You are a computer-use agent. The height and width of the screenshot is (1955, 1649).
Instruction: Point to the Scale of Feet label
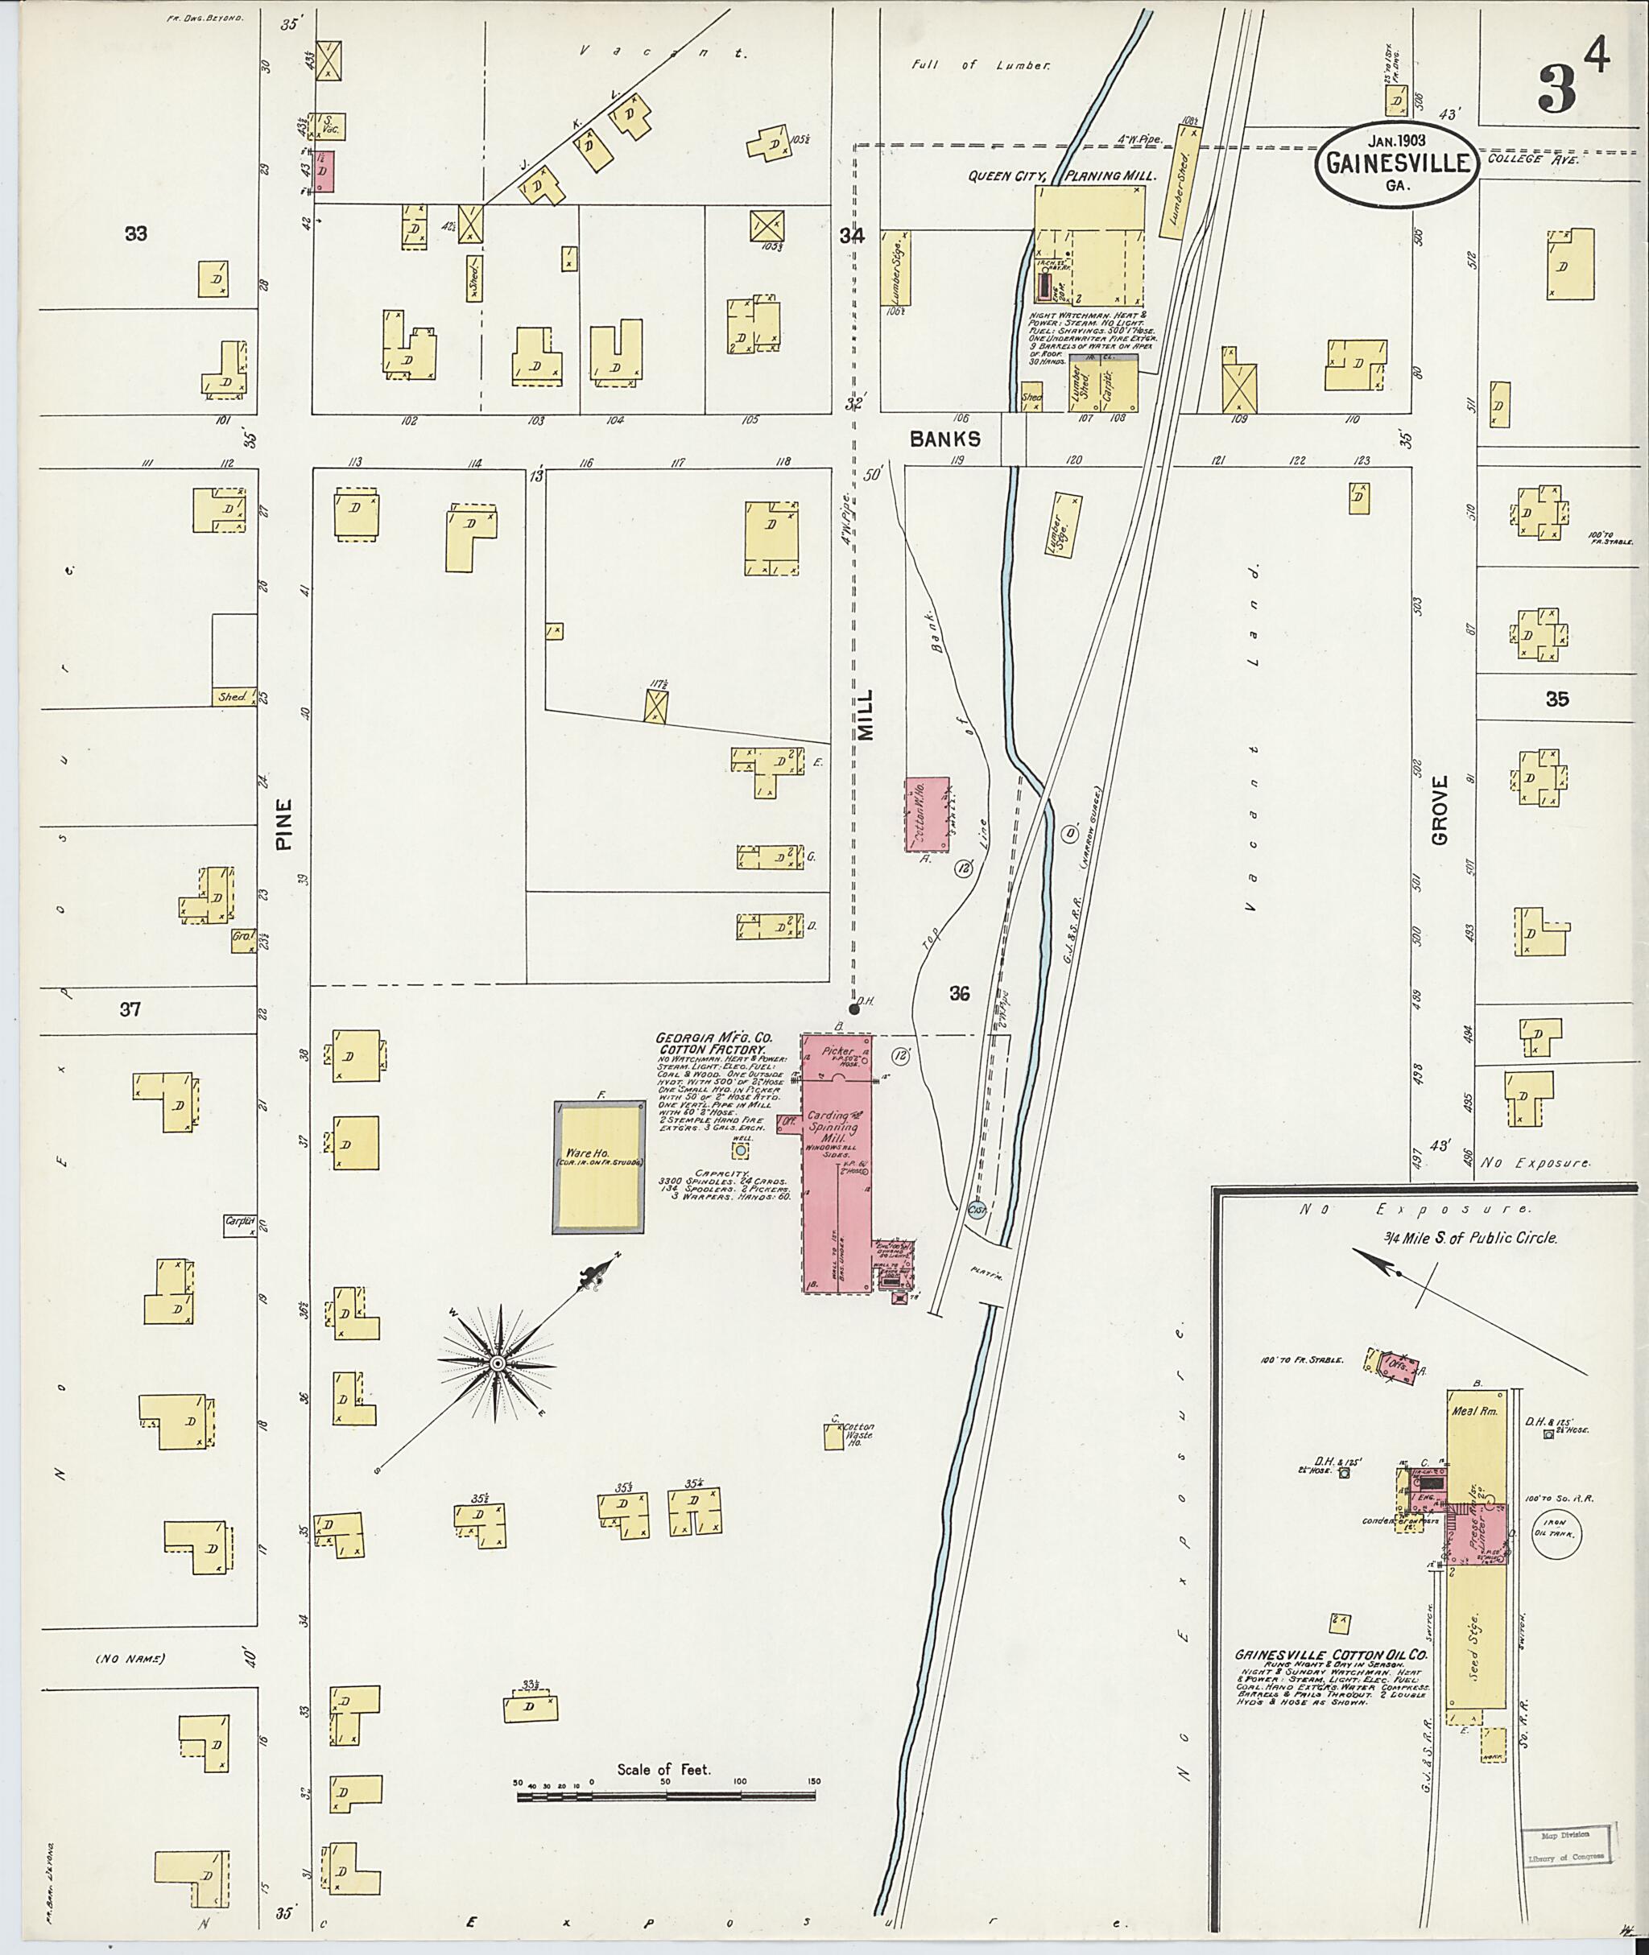[663, 1769]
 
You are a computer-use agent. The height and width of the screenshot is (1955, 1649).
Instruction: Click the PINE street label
[284, 823]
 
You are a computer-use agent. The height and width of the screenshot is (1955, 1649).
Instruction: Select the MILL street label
[866, 716]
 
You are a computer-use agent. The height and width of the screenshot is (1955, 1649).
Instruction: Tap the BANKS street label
[946, 439]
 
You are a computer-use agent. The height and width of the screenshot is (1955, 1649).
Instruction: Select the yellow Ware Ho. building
[598, 1166]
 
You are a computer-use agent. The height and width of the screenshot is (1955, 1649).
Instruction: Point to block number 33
[135, 233]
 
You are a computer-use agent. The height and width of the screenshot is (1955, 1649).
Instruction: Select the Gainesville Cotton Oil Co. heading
[1332, 1654]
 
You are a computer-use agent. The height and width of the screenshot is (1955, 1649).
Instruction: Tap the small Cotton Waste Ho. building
[833, 1437]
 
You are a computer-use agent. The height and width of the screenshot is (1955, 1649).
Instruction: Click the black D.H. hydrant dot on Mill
[853, 1008]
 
